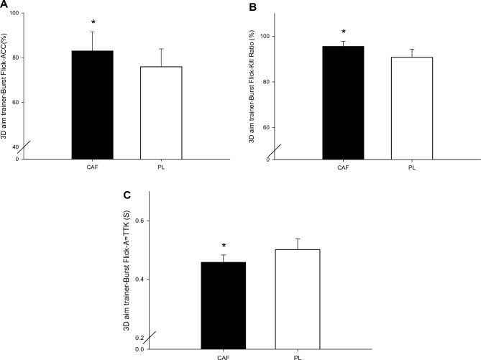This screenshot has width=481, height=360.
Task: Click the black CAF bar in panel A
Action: [93, 104]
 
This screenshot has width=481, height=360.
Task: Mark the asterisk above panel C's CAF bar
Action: [224, 246]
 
